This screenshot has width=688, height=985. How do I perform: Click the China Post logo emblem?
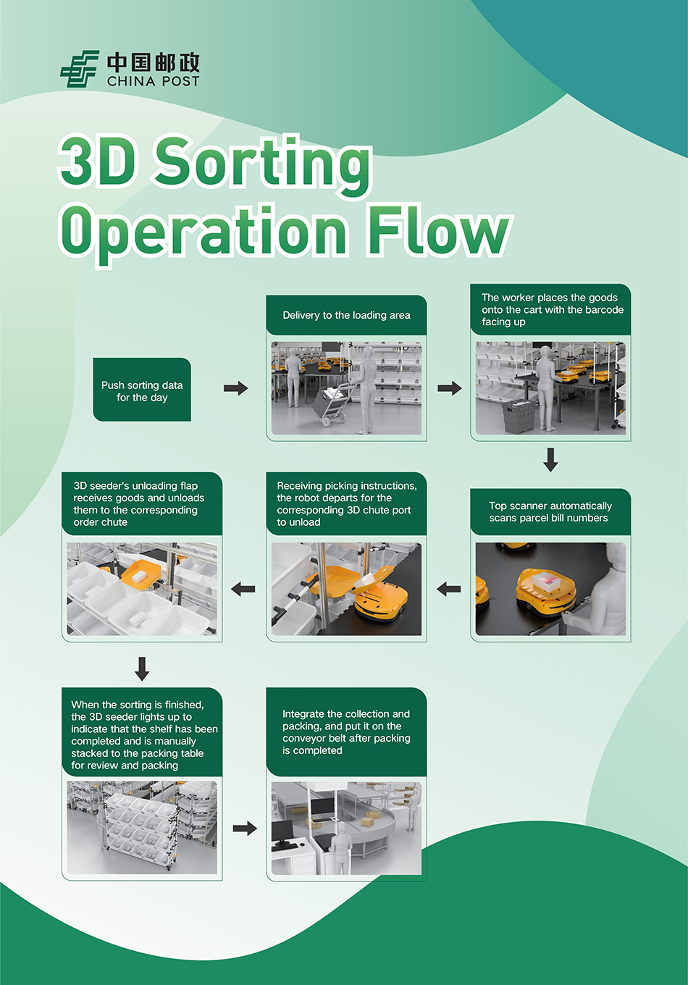79,70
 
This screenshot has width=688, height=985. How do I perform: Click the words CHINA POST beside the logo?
153,82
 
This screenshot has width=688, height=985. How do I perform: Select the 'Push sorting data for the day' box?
142,390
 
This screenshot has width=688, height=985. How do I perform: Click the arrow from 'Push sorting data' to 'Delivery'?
235,389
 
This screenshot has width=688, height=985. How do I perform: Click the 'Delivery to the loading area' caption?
346,315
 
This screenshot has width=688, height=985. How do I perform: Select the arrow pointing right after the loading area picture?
449,389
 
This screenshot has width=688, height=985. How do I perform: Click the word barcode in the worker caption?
604,310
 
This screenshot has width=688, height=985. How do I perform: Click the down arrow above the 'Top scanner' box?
550,459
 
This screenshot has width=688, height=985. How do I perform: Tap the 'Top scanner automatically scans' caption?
550,512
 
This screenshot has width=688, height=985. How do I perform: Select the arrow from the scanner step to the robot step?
449,589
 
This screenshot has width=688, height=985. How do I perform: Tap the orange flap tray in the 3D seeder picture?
141,574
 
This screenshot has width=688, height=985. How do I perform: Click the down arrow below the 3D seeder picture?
142,668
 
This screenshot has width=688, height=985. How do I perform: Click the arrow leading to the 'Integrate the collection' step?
245,828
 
